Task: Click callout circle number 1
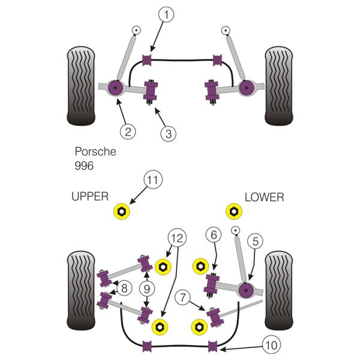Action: click(166, 14)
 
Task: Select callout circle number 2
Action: click(128, 131)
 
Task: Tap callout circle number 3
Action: click(168, 134)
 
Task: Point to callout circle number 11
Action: click(153, 179)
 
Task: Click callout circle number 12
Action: click(177, 238)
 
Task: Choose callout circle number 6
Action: click(214, 235)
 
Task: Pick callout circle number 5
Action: click(255, 241)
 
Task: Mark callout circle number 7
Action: click(182, 298)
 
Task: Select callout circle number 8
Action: click(124, 288)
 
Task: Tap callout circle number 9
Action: click(147, 289)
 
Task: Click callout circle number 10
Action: click(272, 344)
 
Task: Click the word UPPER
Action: click(90, 197)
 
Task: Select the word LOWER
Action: click(264, 197)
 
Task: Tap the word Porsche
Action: click(95, 152)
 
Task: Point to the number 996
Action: click(84, 166)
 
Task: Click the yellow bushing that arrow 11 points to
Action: click(122, 211)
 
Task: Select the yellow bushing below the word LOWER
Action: click(234, 211)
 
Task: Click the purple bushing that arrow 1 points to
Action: click(147, 60)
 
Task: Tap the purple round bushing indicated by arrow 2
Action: click(115, 88)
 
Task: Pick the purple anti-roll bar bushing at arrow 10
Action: click(212, 346)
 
